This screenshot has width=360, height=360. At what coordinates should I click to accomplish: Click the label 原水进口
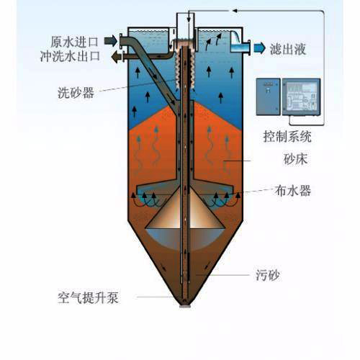pyautogui.click(x=74, y=42)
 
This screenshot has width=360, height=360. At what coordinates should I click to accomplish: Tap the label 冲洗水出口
pyautogui.click(x=70, y=56)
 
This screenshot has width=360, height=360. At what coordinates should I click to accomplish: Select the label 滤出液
pyautogui.click(x=288, y=49)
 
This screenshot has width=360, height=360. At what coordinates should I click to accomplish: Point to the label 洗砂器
pyautogui.click(x=76, y=92)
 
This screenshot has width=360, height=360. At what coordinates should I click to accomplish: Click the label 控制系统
pyautogui.click(x=287, y=137)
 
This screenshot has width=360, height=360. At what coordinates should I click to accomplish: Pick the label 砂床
pyautogui.click(x=295, y=158)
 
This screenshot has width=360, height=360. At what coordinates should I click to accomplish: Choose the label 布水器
pyautogui.click(x=293, y=191)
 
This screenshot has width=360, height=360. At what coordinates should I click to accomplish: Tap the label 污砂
pyautogui.click(x=268, y=275)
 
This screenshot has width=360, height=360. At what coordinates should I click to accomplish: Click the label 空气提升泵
pyautogui.click(x=88, y=298)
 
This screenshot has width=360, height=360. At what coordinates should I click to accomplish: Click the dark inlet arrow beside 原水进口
pyautogui.click(x=111, y=40)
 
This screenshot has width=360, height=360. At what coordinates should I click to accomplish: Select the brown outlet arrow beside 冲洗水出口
pyautogui.click(x=117, y=57)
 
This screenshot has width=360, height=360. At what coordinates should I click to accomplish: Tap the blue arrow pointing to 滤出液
pyautogui.click(x=260, y=48)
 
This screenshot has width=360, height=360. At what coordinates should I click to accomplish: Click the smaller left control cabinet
pyautogui.click(x=269, y=96)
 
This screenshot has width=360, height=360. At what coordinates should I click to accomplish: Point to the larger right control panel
pyautogui.click(x=301, y=97)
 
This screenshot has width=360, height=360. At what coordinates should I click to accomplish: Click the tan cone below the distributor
pyautogui.click(x=185, y=208)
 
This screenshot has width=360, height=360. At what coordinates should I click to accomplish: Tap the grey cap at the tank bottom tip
pyautogui.click(x=185, y=306)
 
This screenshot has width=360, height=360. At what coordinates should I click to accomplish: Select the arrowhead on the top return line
pyautogui.click(x=235, y=11)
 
